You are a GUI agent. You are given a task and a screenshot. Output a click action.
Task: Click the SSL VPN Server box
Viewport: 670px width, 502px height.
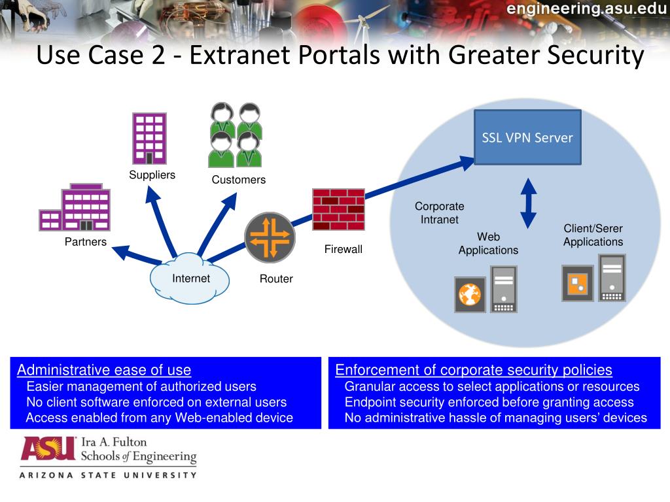click(x=527, y=137)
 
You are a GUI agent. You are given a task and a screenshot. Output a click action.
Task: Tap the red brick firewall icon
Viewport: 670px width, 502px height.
click(x=338, y=209)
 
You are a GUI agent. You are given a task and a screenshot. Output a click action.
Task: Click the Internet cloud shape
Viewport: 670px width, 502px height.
click(x=190, y=280)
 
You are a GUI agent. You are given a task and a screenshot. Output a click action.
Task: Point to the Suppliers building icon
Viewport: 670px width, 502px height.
click(x=149, y=138)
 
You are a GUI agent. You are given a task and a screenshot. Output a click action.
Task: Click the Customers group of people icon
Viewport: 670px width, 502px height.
click(x=236, y=135)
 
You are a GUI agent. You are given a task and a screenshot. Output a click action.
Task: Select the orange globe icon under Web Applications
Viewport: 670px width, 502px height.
click(x=470, y=295)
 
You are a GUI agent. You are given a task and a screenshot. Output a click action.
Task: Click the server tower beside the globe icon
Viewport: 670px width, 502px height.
click(x=503, y=288)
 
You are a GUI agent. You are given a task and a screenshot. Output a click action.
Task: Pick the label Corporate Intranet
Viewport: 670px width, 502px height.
click(x=439, y=212)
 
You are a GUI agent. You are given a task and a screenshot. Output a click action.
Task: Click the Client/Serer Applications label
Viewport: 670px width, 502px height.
click(x=593, y=235)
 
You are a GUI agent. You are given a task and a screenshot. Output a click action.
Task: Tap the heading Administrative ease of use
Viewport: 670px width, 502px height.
click(x=104, y=370)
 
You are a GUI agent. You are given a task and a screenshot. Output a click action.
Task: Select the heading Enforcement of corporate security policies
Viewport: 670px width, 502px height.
click(x=474, y=370)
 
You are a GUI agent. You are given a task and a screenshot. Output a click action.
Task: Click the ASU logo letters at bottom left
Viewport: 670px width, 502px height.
click(x=48, y=448)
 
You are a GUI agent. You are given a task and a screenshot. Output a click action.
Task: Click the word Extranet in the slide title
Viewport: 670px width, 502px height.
click(x=241, y=56)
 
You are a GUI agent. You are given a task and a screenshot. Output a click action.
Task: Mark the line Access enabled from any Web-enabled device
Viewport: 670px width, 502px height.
click(x=159, y=418)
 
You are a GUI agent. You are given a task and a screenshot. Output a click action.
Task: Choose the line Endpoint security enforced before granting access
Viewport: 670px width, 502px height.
click(x=489, y=402)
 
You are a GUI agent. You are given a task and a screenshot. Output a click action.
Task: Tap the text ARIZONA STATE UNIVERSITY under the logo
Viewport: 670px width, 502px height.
click(x=108, y=475)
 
